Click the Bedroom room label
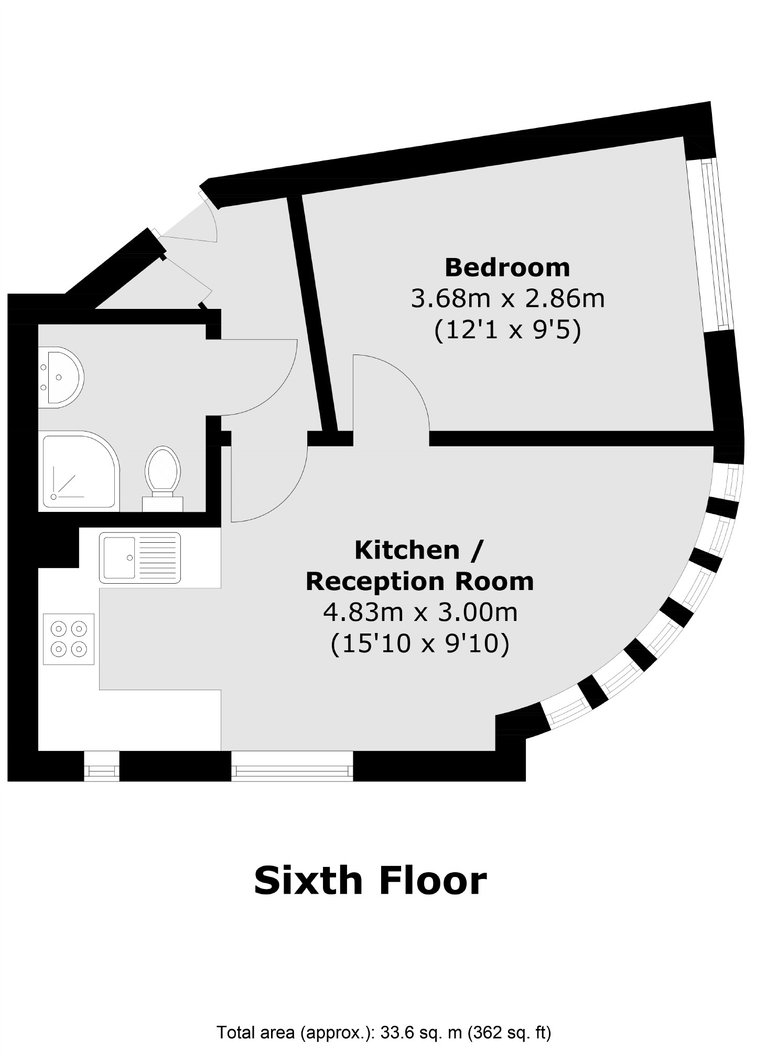click(x=507, y=267)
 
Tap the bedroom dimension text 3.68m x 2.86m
click(x=507, y=299)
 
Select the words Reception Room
click(x=419, y=582)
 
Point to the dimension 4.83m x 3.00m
click(x=419, y=612)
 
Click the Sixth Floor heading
click(x=370, y=881)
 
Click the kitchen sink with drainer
click(x=139, y=558)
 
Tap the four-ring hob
click(x=69, y=639)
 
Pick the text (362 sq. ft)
click(x=509, y=1033)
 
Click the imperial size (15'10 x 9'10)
click(x=419, y=643)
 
